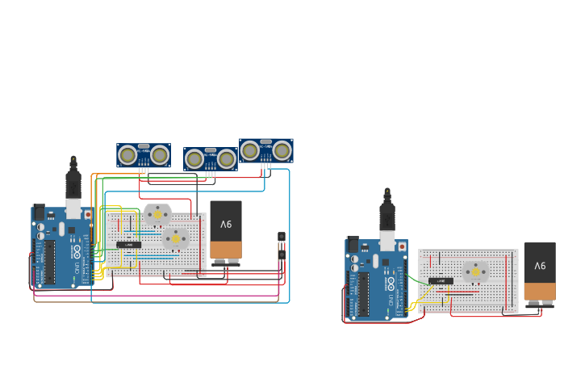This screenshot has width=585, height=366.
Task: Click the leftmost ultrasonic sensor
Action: coord(144,155)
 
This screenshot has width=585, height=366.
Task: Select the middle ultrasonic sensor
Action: coord(211,159)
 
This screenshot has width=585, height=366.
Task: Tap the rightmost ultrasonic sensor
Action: coord(266,150)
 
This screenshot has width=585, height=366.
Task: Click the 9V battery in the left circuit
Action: coord(226,230)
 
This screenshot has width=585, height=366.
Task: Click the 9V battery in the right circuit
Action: coord(539,272)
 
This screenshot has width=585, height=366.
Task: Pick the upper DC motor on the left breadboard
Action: coord(157,214)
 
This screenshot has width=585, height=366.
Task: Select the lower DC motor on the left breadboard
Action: coord(175,238)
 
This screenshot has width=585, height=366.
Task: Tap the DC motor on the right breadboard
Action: coord(475,271)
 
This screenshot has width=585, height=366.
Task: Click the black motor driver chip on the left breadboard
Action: coord(128,244)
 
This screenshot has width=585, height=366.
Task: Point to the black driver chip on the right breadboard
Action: coord(441,281)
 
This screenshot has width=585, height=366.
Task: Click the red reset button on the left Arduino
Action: coord(88,215)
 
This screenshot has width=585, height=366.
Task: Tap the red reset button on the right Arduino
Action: coord(402,246)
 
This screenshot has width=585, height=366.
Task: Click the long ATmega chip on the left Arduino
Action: coord(49,262)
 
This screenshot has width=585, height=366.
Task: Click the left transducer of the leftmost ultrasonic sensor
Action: coord(127,154)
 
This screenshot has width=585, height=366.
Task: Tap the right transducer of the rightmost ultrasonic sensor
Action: coord(282,150)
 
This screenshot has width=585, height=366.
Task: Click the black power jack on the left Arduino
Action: coord(39,212)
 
